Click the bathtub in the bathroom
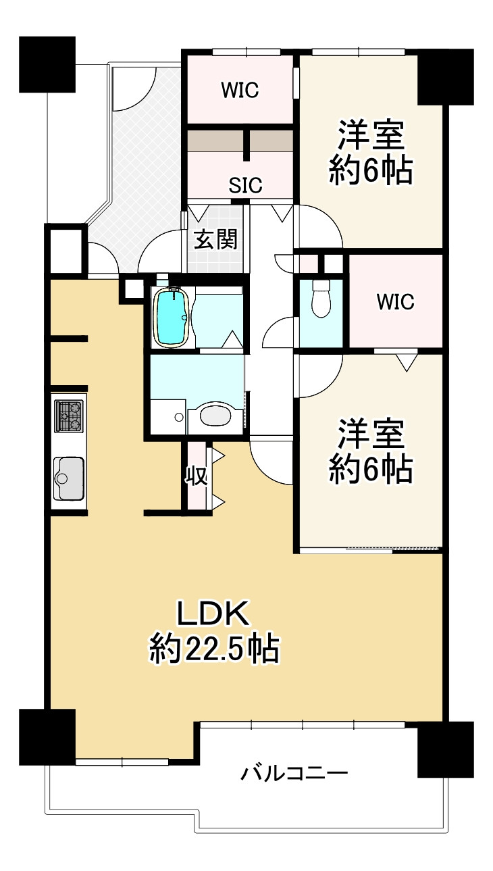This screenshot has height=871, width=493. [172, 316]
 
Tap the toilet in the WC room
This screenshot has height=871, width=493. [321, 298]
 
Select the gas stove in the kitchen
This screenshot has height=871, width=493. [69, 416]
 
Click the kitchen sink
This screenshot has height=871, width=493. [69, 478]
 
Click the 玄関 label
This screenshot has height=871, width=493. [215, 239]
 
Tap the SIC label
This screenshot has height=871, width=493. [245, 185]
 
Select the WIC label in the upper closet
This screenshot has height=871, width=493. [240, 91]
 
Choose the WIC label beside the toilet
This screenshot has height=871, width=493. [396, 302]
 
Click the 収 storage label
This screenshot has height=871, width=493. [197, 476]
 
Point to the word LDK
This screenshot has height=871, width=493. [213, 613]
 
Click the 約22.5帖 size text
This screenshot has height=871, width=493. [215, 649]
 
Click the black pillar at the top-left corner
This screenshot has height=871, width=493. [47, 65]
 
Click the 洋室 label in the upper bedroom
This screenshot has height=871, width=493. [371, 136]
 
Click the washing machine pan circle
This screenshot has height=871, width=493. [179, 417]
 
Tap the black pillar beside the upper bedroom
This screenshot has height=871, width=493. [446, 77]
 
